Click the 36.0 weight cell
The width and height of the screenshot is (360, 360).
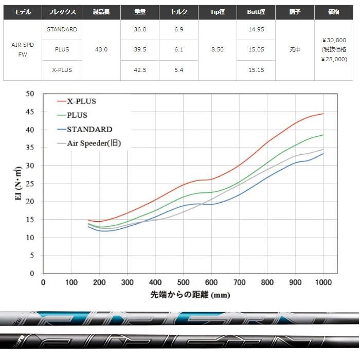point(140,30)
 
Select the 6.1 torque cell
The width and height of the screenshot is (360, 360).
point(179,50)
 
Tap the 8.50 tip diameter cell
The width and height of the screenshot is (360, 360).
point(218,50)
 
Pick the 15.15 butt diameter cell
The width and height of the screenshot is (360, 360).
point(256,70)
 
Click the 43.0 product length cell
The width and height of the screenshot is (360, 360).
point(101,50)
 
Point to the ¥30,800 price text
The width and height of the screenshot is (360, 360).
point(335,40)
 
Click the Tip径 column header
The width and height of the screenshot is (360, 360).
point(218,11)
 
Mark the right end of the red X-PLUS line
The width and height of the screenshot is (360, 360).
point(323,114)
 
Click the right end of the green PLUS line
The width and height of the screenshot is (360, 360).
point(323,135)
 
